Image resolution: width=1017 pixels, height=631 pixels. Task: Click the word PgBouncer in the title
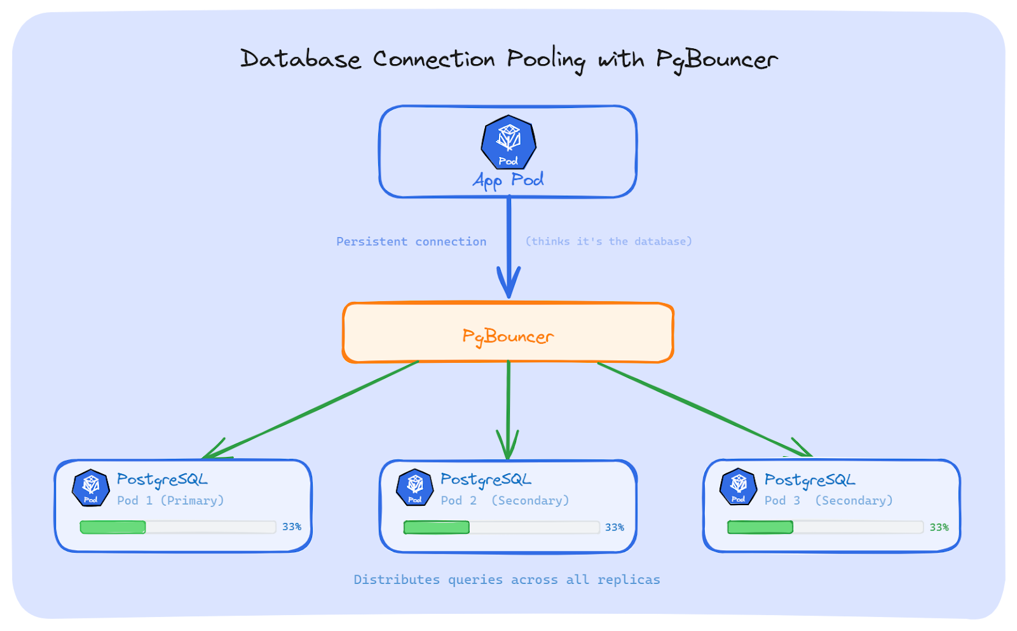point(716,60)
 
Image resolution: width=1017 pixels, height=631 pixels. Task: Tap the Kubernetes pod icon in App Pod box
point(508,142)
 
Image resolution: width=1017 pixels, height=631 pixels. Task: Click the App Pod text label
point(508,180)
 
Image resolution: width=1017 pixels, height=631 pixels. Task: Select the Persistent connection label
point(411,241)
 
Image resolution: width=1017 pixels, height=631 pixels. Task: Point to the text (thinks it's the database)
point(608,241)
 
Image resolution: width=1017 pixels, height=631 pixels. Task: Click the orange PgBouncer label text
point(508,336)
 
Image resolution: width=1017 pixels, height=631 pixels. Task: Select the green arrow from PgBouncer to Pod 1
point(311,409)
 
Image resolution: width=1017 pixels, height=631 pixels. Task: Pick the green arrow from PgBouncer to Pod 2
point(508,407)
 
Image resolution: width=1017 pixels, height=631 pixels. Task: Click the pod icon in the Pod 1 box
point(91,488)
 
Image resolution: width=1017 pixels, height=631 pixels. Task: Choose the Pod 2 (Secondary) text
point(505,501)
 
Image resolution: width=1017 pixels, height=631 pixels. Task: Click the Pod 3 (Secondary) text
point(828,501)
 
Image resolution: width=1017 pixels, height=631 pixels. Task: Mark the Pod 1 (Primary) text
point(170,501)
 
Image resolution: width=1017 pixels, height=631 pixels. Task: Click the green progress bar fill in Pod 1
point(113,527)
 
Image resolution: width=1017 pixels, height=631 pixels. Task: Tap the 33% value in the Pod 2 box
point(614,527)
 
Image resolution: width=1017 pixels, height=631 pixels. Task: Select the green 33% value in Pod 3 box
point(939,527)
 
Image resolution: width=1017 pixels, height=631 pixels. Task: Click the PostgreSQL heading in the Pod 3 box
point(809,480)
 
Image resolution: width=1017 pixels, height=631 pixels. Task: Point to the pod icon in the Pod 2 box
point(414,488)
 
